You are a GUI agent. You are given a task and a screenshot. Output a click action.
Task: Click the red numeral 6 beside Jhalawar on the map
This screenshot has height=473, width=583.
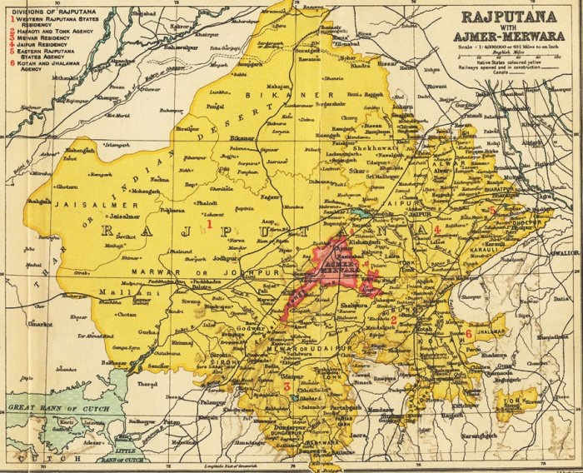469,334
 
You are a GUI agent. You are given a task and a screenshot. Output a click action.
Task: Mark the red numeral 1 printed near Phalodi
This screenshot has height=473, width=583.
210,223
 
